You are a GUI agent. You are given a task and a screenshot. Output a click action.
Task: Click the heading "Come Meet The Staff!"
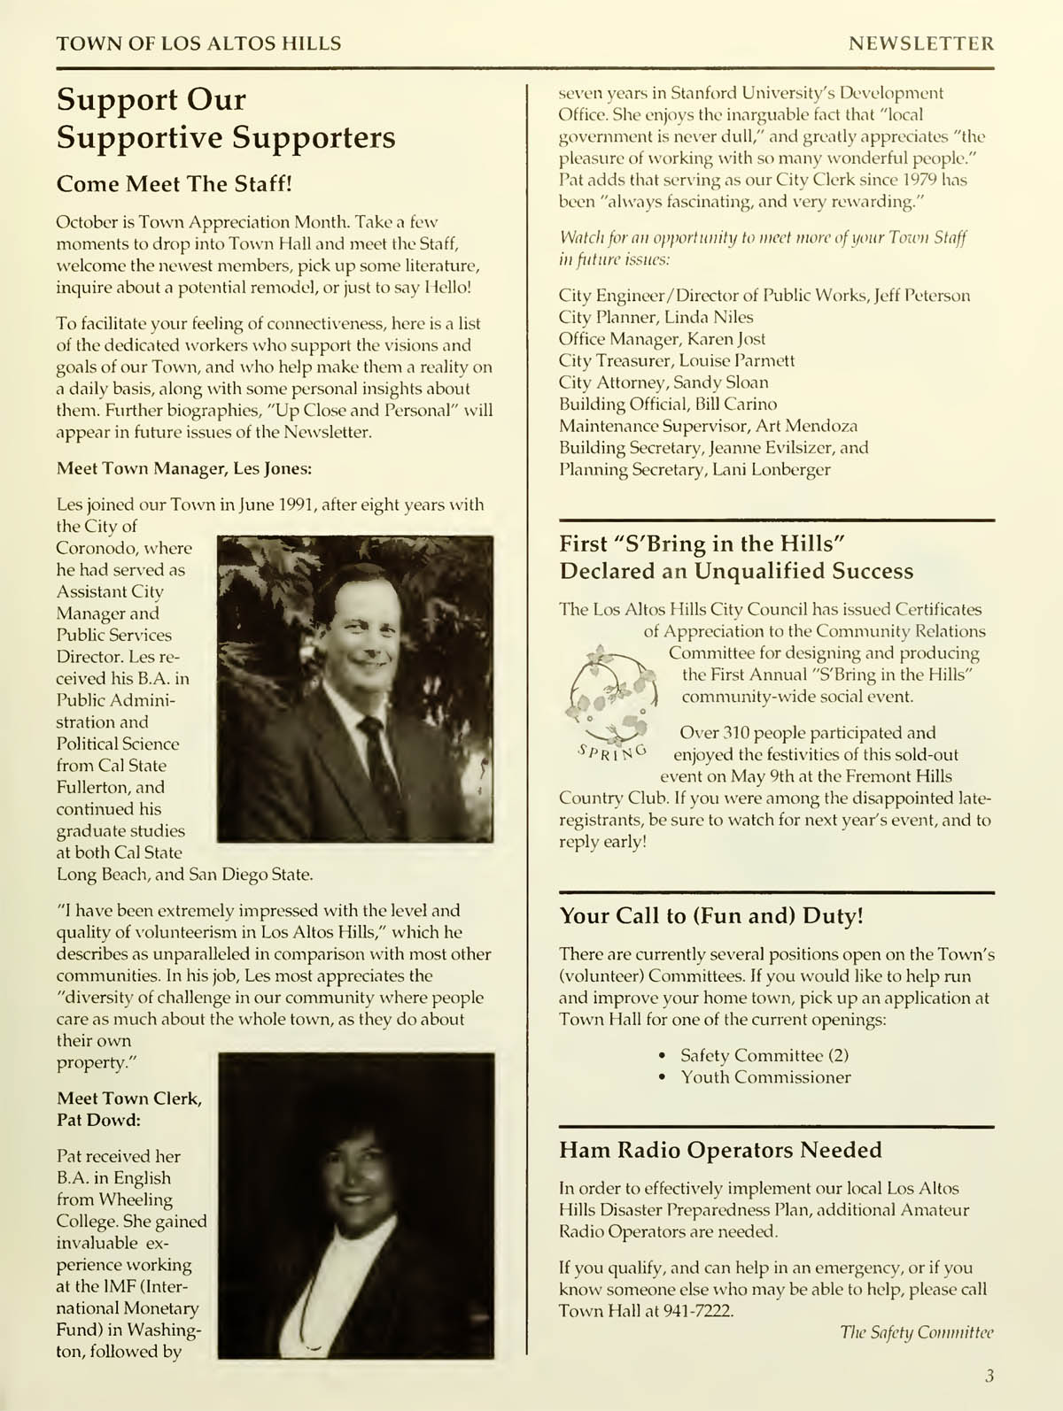click(x=174, y=184)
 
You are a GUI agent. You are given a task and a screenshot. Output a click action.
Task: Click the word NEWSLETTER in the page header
click(x=921, y=43)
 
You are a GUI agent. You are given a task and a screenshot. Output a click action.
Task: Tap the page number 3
click(x=989, y=1375)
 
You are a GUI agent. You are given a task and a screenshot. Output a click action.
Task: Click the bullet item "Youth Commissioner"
click(x=765, y=1077)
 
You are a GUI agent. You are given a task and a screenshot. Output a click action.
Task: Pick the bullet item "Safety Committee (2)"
click(x=764, y=1055)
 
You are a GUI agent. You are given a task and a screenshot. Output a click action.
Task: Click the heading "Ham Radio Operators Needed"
click(x=720, y=1150)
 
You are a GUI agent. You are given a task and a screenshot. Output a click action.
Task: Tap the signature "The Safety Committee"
click(x=916, y=1332)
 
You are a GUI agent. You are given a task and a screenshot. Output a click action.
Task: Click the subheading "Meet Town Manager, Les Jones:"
click(x=184, y=468)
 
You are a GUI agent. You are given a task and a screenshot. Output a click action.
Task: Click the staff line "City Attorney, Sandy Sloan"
click(x=663, y=382)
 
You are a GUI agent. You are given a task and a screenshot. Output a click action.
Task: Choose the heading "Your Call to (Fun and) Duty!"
click(x=711, y=915)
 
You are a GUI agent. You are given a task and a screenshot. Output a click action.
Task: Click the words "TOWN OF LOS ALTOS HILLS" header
click(x=198, y=43)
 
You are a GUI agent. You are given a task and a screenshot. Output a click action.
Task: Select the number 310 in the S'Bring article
click(x=737, y=733)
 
